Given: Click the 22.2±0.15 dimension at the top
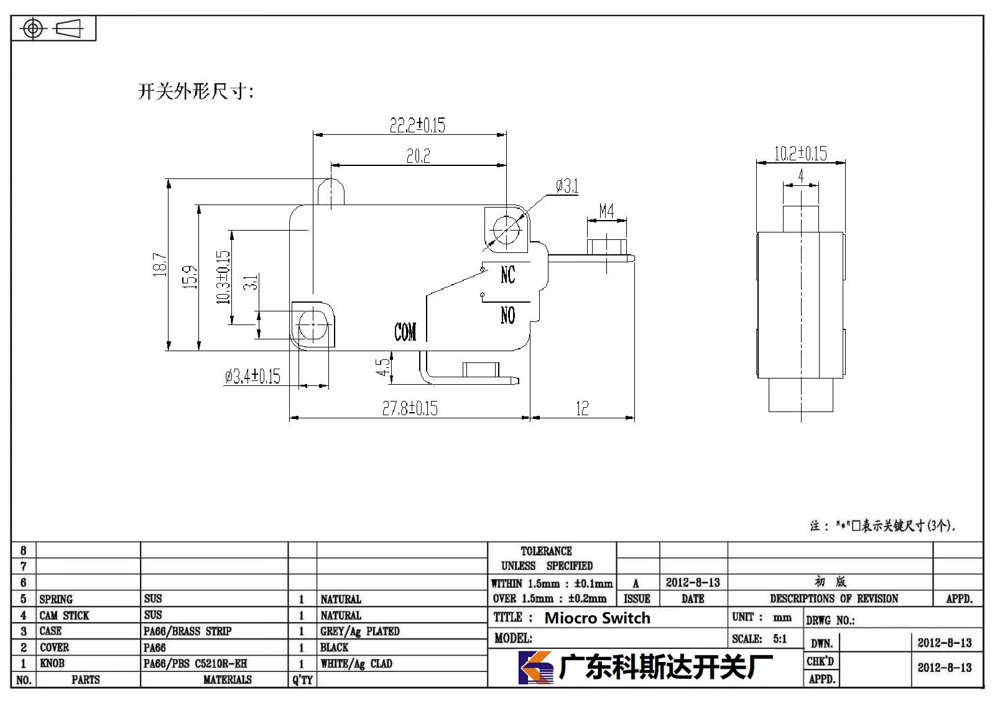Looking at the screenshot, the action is tap(417, 125).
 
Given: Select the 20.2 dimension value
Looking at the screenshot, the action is tap(419, 156).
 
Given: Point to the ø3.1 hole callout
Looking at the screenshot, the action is tap(567, 186).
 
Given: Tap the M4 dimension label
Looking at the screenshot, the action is tap(606, 211).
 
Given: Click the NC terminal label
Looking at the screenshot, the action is tap(507, 275).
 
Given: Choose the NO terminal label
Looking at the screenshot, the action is tap(507, 315).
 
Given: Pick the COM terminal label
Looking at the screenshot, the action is tap(405, 332).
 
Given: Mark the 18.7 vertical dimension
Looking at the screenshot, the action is tap(159, 265).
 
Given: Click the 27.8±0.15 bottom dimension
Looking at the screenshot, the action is tap(410, 408).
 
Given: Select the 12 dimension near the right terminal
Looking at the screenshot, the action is tap(582, 408).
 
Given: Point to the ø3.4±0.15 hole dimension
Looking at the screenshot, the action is tap(252, 376).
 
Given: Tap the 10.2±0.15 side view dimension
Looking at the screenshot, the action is tap(800, 154).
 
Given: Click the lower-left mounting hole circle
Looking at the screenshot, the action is tap(313, 324).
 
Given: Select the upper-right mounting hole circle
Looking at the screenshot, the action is tap(506, 230).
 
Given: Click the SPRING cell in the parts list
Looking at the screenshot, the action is tap(56, 599).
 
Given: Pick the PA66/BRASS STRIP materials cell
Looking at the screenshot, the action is tap(187, 631).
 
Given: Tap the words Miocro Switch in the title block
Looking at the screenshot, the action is tap(598, 618).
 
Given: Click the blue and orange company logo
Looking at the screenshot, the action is tap(535, 667).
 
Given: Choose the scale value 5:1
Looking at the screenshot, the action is tap(780, 638).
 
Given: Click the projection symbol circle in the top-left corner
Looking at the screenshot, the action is tap(33, 29).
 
